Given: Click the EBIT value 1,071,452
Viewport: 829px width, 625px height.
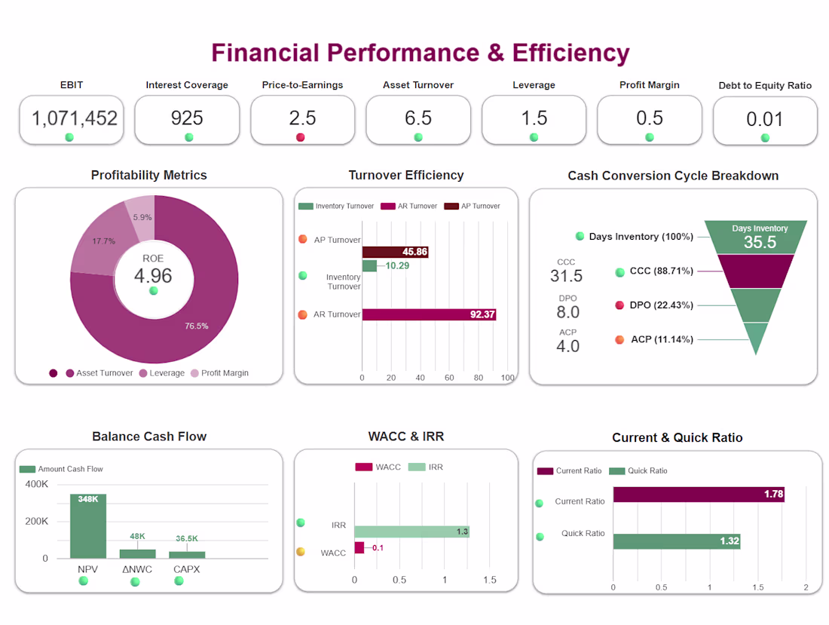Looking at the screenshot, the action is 75,118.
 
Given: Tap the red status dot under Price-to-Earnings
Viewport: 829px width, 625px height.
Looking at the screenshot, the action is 300,137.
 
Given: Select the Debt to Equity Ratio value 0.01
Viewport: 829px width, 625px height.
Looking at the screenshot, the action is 764,119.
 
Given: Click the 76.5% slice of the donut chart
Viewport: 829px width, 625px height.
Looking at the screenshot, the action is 201,317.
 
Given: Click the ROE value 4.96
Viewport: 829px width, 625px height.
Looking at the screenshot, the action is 153,275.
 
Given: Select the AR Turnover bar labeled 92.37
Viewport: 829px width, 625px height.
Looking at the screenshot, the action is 429,314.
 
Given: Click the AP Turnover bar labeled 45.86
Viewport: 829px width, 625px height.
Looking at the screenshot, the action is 395,253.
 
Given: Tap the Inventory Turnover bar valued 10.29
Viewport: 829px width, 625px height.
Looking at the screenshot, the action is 369,265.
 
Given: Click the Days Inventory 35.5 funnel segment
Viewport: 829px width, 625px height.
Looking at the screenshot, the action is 760,237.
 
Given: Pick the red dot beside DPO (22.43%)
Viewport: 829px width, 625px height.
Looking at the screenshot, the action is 619,305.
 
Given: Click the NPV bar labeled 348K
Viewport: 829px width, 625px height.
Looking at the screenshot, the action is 88,526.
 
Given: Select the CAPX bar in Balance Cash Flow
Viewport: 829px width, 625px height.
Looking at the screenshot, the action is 187,555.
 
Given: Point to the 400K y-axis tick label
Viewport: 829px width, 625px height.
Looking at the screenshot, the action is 36,484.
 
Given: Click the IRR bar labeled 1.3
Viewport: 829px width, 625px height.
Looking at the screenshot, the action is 411,532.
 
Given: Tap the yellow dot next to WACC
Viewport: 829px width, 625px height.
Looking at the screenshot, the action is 300,552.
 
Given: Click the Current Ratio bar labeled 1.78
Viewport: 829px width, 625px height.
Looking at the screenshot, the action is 699,495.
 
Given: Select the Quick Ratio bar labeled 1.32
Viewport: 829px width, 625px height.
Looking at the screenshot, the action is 677,541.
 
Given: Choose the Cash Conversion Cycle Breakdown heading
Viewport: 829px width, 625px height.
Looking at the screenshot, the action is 673,176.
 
